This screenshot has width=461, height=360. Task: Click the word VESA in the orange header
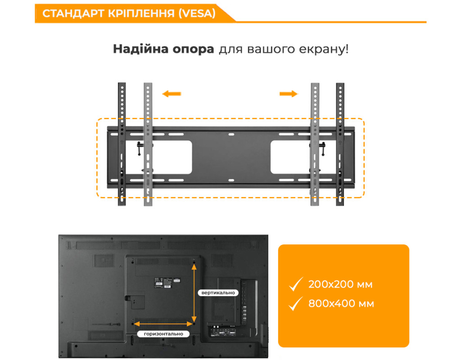(197, 13)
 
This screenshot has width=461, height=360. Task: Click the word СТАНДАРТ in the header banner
(73, 13)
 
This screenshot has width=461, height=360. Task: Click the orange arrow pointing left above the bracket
(172, 94)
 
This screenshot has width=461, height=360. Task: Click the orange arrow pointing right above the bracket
(289, 94)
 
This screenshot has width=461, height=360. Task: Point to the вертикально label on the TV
(218, 292)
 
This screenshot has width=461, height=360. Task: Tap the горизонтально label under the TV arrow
(163, 334)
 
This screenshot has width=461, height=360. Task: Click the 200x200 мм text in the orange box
(340, 284)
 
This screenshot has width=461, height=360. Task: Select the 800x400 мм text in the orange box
(341, 303)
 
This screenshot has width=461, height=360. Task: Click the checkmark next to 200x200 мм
(295, 284)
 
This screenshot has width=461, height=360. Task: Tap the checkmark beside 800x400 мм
(295, 304)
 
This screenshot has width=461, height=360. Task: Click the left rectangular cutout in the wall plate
(172, 157)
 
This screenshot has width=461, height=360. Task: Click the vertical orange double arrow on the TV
(194, 292)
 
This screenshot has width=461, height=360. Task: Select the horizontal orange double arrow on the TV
(163, 324)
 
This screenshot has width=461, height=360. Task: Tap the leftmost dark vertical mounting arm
(122, 144)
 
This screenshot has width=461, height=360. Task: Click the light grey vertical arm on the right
(315, 144)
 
